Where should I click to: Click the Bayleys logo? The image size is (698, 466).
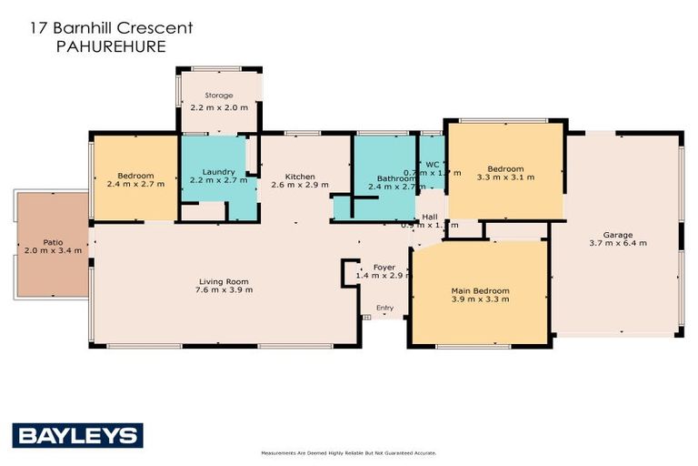(77, 435)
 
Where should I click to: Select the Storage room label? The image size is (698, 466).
(218, 96)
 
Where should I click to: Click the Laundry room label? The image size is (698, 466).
(219, 172)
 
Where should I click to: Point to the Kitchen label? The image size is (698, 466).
(300, 176)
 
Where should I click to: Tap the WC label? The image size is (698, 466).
(433, 165)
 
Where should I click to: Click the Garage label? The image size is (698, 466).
(618, 235)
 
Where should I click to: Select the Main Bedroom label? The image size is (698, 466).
(480, 291)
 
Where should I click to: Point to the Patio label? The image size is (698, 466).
(53, 242)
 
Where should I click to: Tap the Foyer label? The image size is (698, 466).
(383, 267)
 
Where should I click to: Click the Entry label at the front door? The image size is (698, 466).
(385, 308)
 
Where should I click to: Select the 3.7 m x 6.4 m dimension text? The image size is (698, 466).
(618, 243)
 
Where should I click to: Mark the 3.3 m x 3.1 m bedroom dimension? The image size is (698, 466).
(505, 177)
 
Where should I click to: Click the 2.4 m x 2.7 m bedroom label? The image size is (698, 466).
(135, 184)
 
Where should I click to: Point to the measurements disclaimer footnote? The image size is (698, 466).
(349, 452)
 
